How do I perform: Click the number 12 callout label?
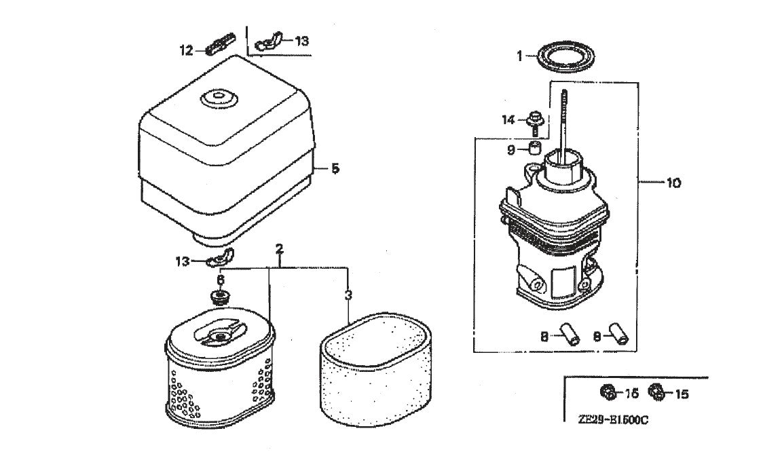(185, 50)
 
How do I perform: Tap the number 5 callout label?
(335, 168)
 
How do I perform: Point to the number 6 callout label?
(221, 280)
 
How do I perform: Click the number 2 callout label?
(279, 250)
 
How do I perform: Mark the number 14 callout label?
(508, 120)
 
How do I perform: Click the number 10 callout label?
(673, 183)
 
